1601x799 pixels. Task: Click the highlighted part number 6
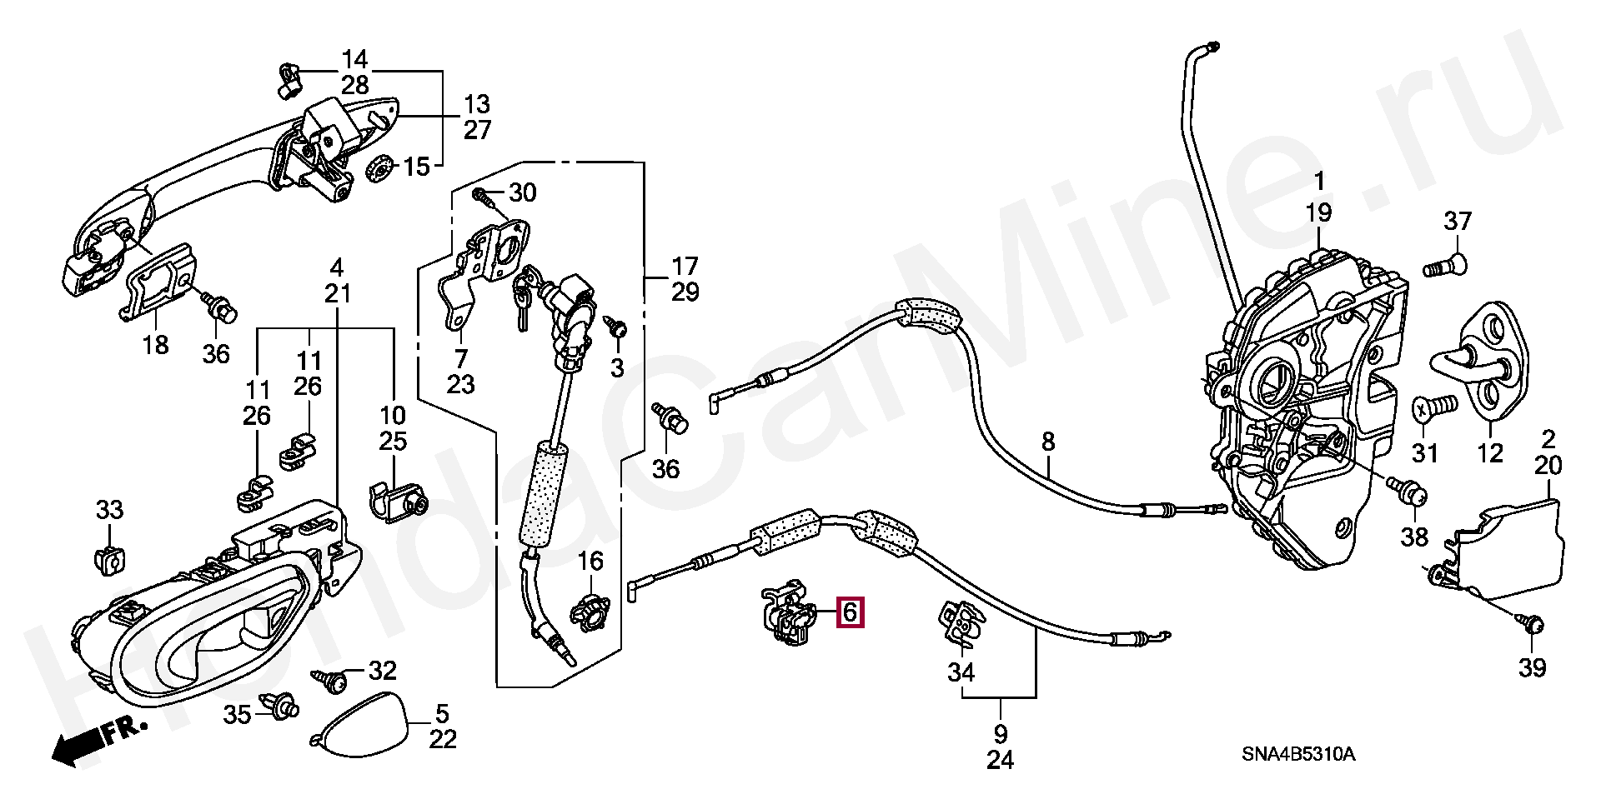pos(850,612)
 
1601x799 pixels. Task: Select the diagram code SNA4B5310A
pos(1298,755)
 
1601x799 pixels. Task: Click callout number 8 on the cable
pos(1047,441)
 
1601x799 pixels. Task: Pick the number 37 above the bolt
pos(1458,222)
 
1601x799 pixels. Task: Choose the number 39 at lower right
pos(1533,667)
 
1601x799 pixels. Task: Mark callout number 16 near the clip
pos(590,562)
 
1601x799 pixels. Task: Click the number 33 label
pos(109,510)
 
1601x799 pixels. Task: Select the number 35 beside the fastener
pos(237,714)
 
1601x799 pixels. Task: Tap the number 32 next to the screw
pos(383,671)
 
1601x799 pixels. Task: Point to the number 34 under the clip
pos(961,672)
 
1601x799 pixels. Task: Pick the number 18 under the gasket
pos(155,344)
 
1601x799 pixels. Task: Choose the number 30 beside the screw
pos(523,193)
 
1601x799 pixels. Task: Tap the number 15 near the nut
pos(416,166)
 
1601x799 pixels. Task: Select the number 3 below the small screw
pos(616,367)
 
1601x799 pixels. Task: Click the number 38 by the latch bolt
pos(1414,537)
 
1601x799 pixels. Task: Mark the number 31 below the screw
pos(1425,453)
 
